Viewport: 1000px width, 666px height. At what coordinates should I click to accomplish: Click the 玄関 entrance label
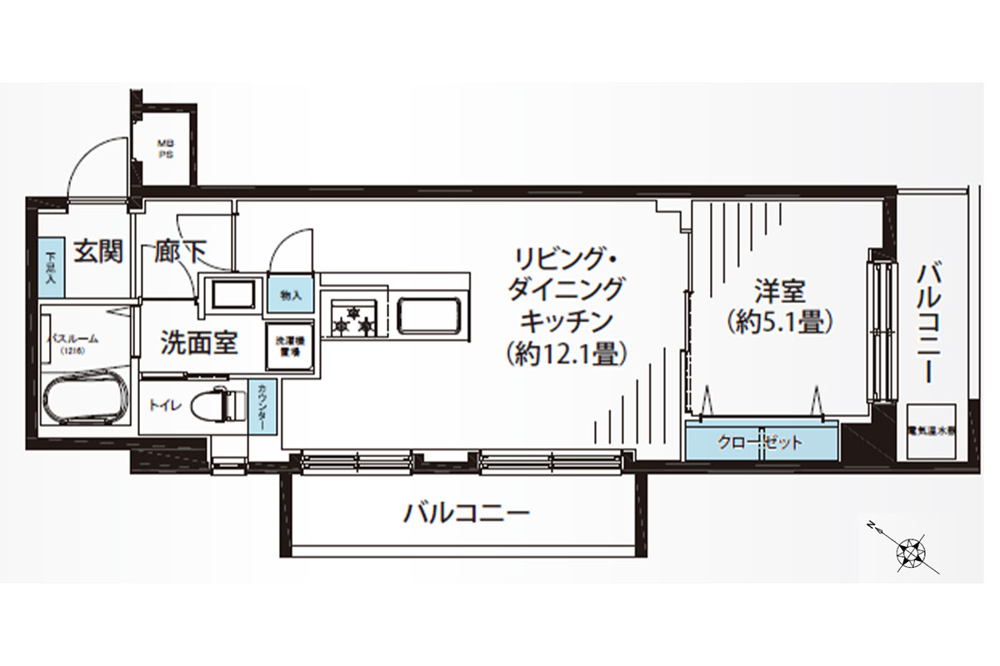pos(98,251)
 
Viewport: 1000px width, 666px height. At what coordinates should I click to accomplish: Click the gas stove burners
pos(354,321)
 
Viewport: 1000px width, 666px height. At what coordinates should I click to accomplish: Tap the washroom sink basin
pos(232,296)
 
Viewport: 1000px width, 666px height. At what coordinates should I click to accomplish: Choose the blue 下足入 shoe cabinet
pos(50,268)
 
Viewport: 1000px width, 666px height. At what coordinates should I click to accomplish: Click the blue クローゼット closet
pos(761,442)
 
